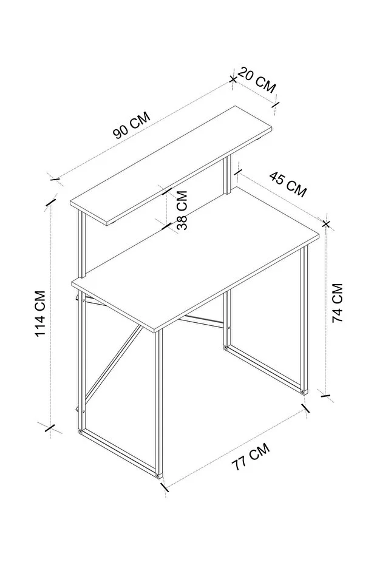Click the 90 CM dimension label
pos(132,126)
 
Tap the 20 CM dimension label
pos(257,80)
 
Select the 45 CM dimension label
pos(288,184)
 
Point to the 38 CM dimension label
pos(182,210)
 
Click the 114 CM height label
pos(39,314)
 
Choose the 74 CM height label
pos(338,303)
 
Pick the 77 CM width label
pos(251,456)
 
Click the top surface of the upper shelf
pos(171,163)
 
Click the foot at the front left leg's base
pos(157,475)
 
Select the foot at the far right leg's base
pos(304,391)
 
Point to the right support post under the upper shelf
pos(227,175)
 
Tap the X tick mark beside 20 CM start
pos(233,79)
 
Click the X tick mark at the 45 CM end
pos(326,224)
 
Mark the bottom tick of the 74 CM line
pos(325,396)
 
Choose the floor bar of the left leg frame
pos(119,452)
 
